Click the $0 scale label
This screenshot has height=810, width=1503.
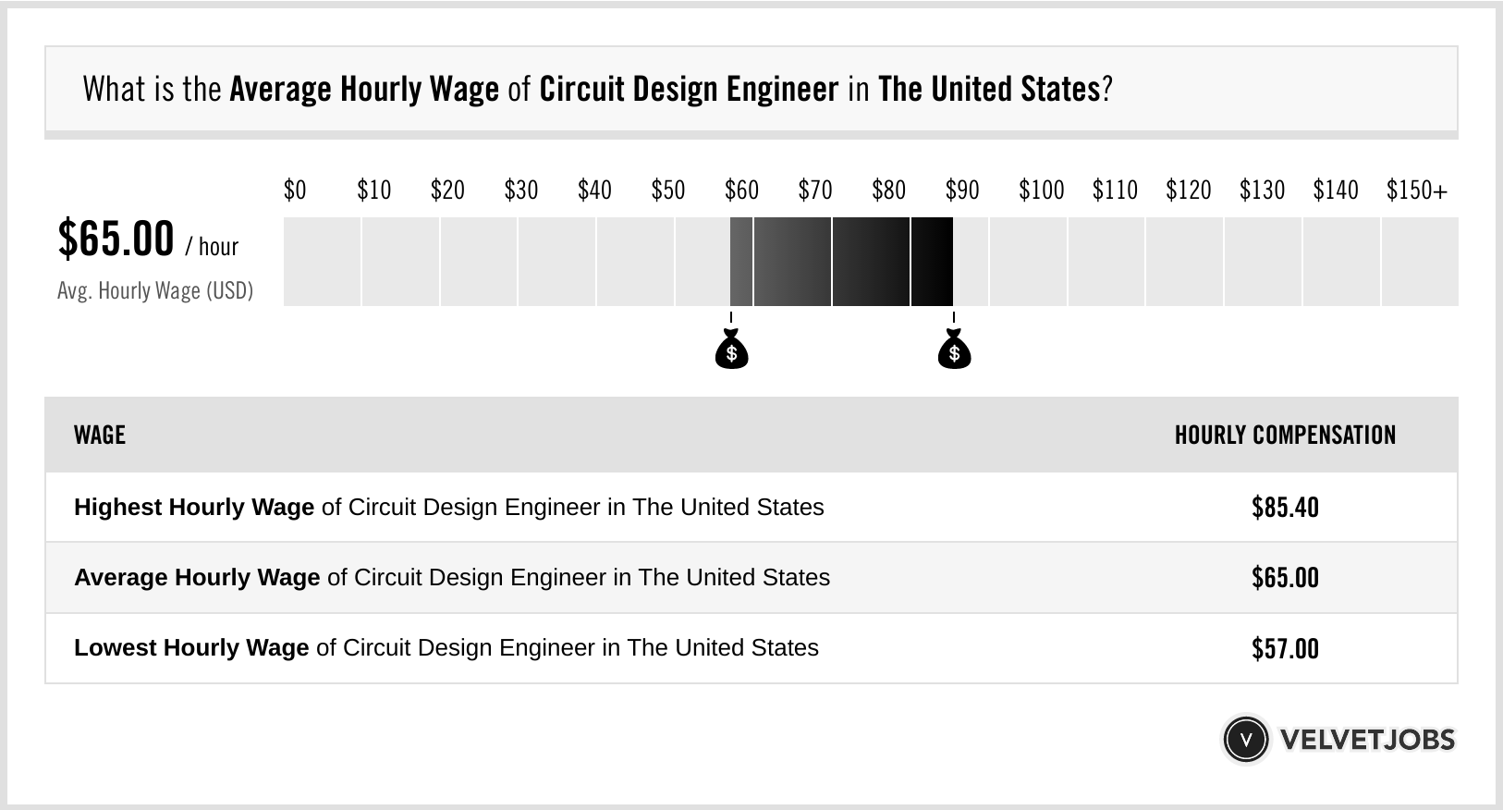point(295,190)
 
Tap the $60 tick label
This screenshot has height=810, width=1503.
point(741,190)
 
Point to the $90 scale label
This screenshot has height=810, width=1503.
point(962,190)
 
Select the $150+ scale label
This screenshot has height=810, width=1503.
point(1417,190)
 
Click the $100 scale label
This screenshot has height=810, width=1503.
point(1041,190)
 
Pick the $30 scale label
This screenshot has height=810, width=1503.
point(520,190)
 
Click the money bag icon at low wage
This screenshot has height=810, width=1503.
point(731,350)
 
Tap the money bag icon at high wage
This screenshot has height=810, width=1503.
point(954,350)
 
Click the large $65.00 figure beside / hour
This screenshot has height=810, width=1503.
point(116,239)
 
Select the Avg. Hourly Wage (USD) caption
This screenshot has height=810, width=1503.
point(155,290)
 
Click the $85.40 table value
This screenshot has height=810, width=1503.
point(1285,508)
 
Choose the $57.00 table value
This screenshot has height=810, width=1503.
point(1285,648)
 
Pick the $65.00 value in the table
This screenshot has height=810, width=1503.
point(1285,578)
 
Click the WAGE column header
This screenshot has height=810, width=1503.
point(100,435)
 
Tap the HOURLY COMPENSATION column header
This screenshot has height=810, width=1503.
point(1285,435)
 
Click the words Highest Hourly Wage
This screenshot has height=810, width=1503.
point(194,508)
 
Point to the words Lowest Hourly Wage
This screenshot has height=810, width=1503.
point(191,648)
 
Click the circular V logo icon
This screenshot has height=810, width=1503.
point(1245,739)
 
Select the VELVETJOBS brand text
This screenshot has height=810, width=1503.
point(1367,739)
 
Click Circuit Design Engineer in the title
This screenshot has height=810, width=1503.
point(689,90)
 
